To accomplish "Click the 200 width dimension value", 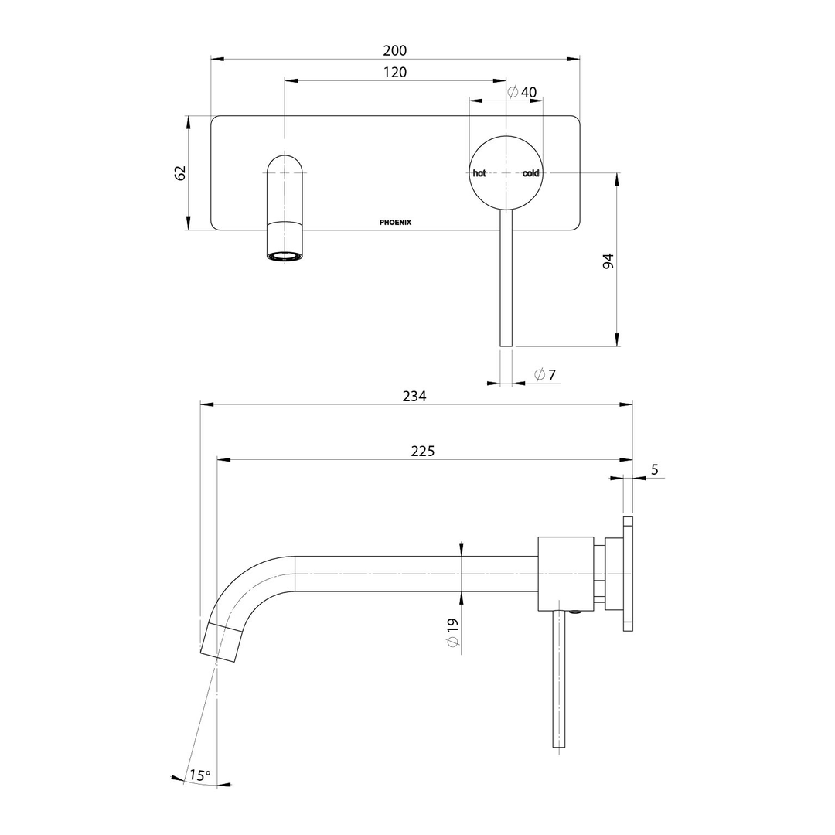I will (394, 50).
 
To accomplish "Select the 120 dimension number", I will (394, 72).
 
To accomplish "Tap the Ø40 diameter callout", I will (522, 92).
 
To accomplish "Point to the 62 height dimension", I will (181, 172).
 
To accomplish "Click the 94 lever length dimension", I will (608, 261).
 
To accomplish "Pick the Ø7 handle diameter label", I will (545, 375).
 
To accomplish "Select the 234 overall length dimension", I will (414, 396).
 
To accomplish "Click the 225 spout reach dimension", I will (422, 452).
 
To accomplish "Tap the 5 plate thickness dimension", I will (655, 469).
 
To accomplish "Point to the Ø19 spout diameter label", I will (453, 632).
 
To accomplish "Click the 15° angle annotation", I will (199, 775).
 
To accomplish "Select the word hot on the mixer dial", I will (479, 173).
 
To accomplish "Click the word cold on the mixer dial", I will (530, 173).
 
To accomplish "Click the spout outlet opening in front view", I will (285, 255).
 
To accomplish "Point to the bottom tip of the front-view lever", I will (506, 343).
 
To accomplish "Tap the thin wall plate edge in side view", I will (628, 574).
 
